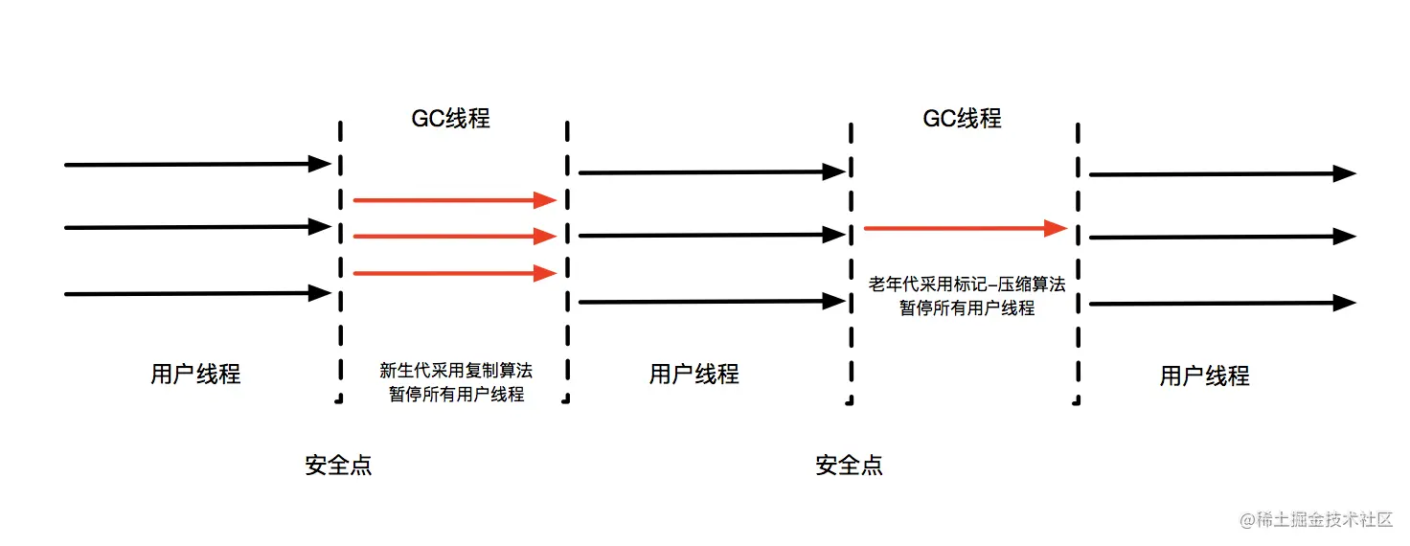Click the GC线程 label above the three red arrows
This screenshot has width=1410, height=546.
click(x=450, y=118)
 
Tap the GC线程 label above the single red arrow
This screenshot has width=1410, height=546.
click(x=962, y=118)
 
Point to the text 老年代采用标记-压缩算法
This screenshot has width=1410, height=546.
click(x=967, y=284)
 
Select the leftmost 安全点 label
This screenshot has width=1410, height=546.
click(x=338, y=466)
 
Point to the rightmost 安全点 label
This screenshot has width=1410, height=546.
click(x=849, y=466)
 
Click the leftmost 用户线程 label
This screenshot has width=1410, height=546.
click(x=195, y=374)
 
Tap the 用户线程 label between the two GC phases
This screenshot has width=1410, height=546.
click(x=694, y=374)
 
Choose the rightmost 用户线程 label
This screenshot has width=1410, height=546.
click(x=1204, y=375)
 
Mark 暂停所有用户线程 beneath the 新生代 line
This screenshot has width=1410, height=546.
click(x=456, y=395)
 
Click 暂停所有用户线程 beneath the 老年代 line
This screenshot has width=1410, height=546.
click(x=967, y=308)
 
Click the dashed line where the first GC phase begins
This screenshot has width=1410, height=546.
click(x=338, y=259)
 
